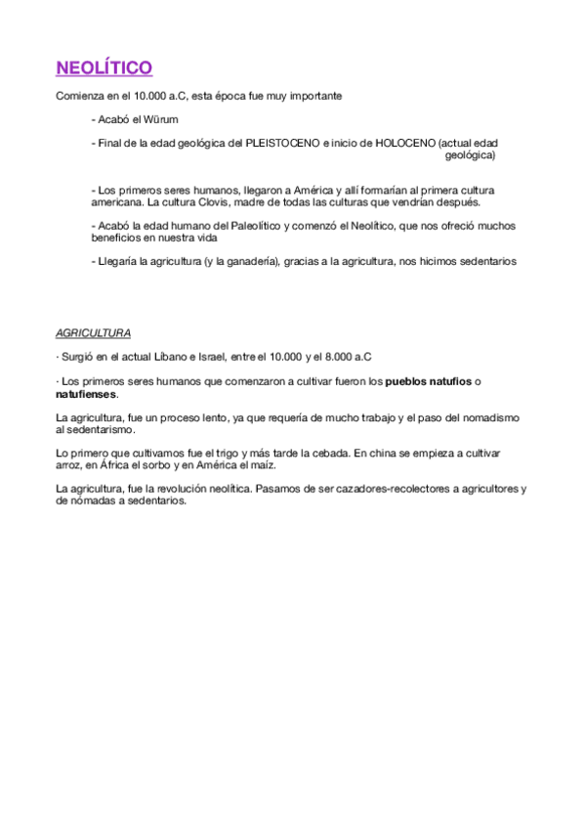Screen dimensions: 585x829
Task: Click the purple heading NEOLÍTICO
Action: pos(104,67)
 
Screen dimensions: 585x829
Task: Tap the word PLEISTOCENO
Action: pos(282,143)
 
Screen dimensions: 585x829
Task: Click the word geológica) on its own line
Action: pos(470,154)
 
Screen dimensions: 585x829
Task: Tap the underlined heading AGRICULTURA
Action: pos(94,332)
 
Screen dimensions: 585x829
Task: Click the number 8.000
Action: pos(337,357)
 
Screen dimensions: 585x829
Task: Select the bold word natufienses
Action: pos(86,394)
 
